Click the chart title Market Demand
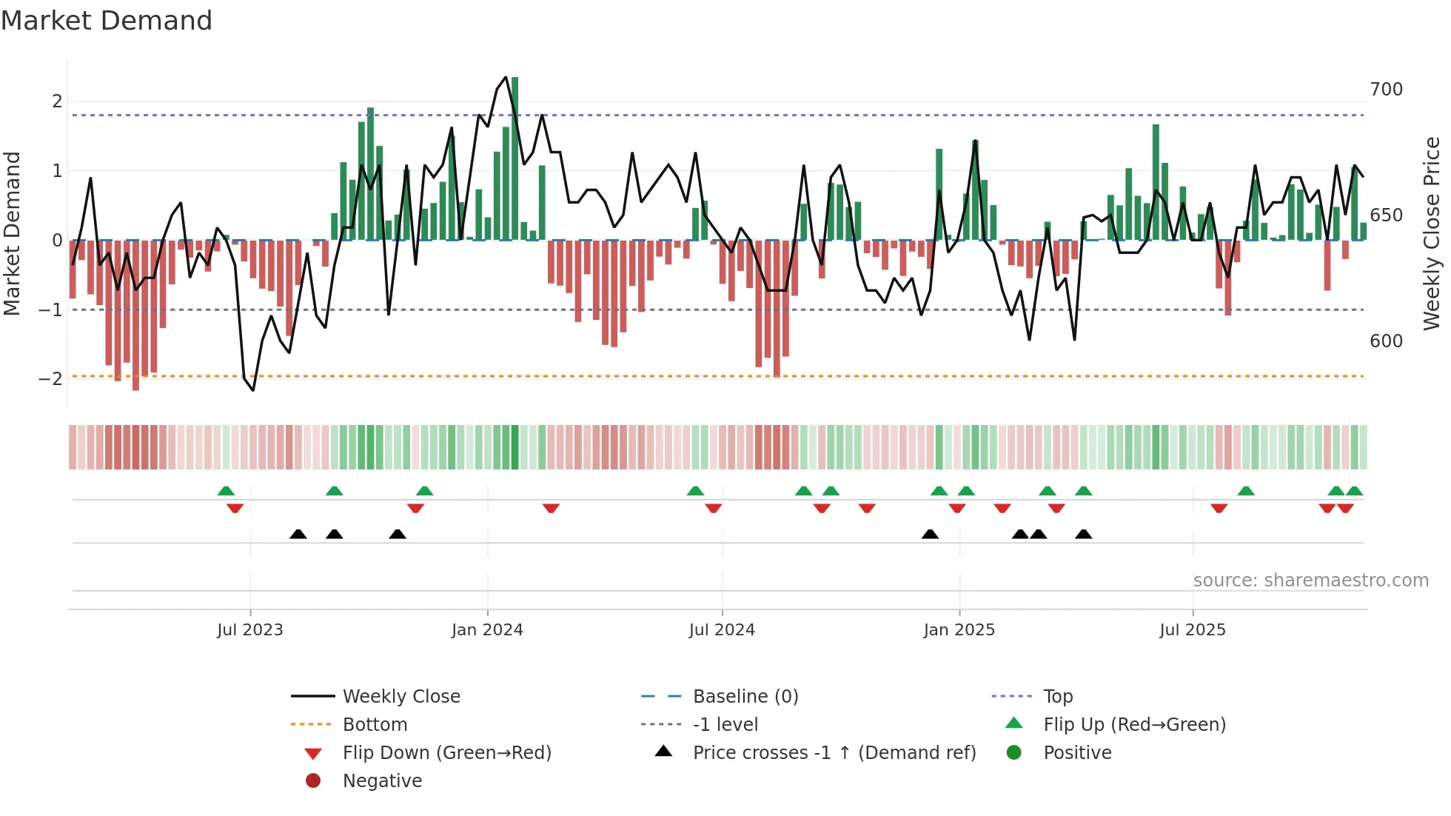point(107,21)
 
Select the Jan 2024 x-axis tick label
point(487,630)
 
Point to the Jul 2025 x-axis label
point(1193,630)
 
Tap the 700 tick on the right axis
point(1386,90)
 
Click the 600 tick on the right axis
point(1386,341)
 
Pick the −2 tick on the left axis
point(51,379)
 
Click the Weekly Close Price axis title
point(1432,233)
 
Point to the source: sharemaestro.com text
point(1310,581)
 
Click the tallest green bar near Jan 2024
point(515,159)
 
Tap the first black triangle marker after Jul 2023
point(298,535)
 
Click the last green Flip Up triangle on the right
point(1354,491)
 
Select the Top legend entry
point(1057,697)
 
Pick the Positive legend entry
point(1077,753)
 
